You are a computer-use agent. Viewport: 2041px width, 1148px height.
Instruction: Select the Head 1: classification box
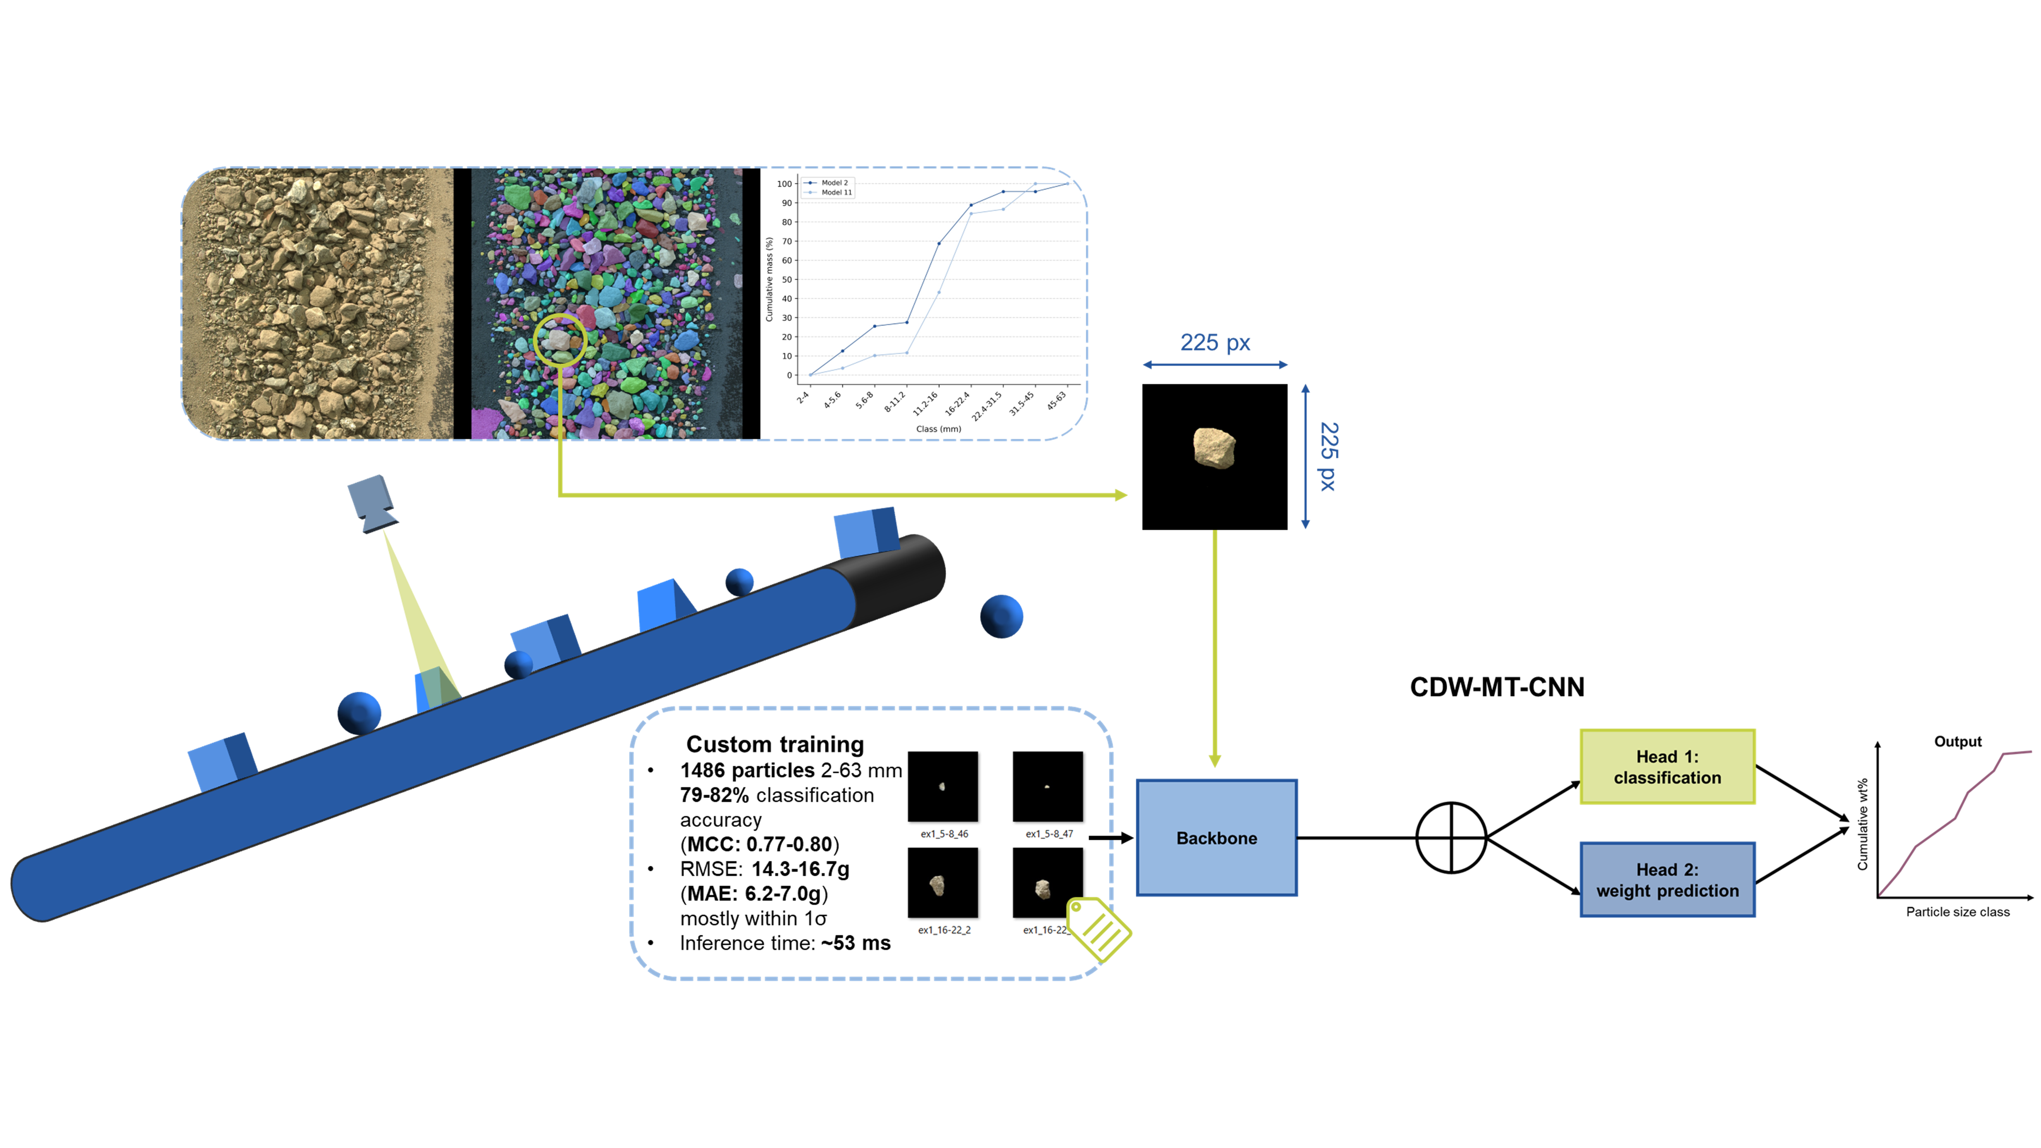pyautogui.click(x=1667, y=767)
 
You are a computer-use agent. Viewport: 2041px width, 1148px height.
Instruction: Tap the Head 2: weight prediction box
pyautogui.click(x=1667, y=879)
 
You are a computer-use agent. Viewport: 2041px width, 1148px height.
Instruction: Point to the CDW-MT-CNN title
pyautogui.click(x=1497, y=687)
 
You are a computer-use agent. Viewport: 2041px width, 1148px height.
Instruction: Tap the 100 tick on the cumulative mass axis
pyautogui.click(x=785, y=184)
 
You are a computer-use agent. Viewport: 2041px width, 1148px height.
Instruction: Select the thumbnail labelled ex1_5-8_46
pyautogui.click(x=943, y=787)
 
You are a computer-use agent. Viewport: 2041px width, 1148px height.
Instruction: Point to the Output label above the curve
pyautogui.click(x=1957, y=742)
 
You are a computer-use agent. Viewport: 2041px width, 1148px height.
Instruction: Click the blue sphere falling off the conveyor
pyautogui.click(x=1001, y=616)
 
